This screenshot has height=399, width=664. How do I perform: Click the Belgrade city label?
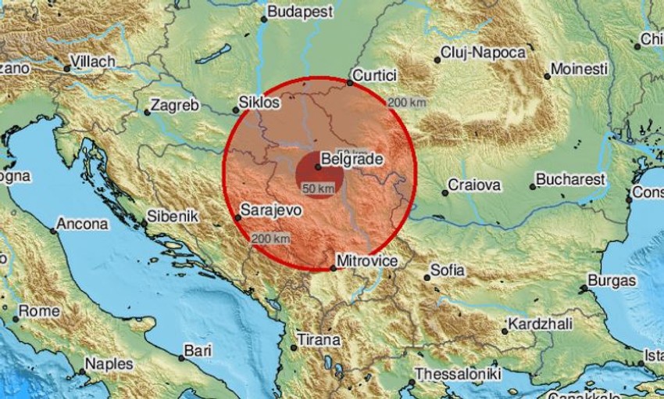click(x=353, y=159)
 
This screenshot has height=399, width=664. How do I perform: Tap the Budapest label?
click(x=300, y=12)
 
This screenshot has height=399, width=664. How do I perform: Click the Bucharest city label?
click(x=572, y=179)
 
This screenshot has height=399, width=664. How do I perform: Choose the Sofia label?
click(x=448, y=271)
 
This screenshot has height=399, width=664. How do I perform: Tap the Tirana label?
click(x=320, y=340)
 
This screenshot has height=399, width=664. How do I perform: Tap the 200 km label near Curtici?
click(x=407, y=102)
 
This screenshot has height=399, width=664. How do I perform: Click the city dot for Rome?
click(x=15, y=318)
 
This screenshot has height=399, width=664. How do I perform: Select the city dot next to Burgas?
click(x=584, y=289)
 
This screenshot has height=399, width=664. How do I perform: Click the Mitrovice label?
click(x=367, y=261)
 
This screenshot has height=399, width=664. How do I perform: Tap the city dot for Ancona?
click(x=54, y=231)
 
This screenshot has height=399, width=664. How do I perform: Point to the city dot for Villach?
click(x=67, y=69)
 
